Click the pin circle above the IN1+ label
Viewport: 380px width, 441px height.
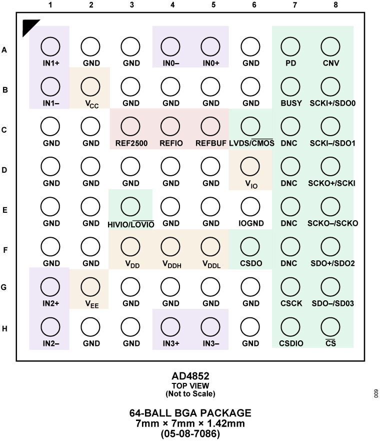click(50, 47)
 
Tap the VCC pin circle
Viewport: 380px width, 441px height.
click(90, 87)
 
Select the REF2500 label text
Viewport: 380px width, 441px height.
click(131, 143)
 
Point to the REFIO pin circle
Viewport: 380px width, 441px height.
click(170, 127)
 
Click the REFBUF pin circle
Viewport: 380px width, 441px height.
click(210, 127)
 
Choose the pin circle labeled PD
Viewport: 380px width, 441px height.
click(290, 47)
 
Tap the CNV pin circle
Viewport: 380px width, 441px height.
click(330, 47)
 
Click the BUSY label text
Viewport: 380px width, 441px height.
click(291, 103)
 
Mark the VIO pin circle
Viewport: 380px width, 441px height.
click(250, 166)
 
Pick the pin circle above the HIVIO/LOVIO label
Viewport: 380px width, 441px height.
click(130, 206)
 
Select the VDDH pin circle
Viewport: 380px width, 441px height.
click(170, 246)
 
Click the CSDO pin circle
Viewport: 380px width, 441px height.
click(250, 246)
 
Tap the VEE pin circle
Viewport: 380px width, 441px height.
click(90, 287)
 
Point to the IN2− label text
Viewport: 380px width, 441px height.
click(51, 343)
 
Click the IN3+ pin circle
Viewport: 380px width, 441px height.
click(170, 327)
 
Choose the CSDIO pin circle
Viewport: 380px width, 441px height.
click(290, 327)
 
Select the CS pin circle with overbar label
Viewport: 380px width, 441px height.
click(330, 327)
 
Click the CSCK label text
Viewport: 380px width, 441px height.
click(291, 303)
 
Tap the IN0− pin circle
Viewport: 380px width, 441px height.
click(170, 47)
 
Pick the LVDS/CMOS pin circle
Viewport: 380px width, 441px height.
click(250, 127)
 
